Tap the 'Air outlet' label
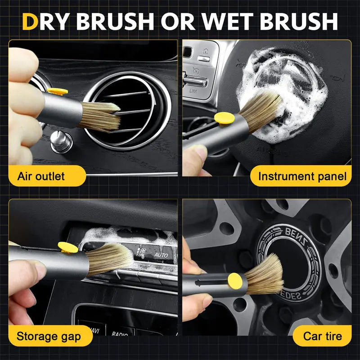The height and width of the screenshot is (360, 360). pyautogui.click(x=41, y=176)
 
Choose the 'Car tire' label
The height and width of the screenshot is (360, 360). pyautogui.click(x=322, y=335)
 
